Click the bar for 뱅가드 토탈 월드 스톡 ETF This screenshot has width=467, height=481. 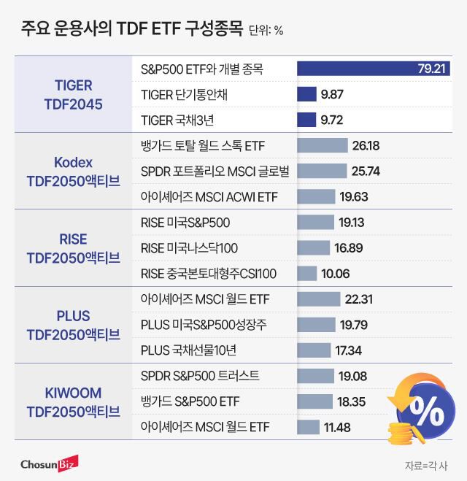click(323, 145)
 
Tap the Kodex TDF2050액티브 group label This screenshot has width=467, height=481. click(73, 172)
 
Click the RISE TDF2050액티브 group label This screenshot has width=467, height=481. click(73, 248)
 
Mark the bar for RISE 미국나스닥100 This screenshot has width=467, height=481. click(314, 248)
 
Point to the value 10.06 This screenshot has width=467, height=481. click(336, 274)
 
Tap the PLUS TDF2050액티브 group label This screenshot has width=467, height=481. click(73, 326)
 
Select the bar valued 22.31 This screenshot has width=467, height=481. click(319, 299)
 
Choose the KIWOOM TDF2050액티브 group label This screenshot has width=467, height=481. click(73, 402)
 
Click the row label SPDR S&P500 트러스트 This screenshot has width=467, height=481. click(199, 376)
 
